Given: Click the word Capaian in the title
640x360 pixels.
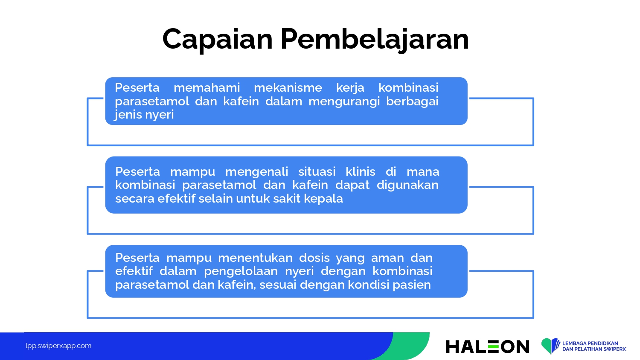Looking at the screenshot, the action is (x=218, y=40).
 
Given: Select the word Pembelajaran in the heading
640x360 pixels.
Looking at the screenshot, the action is (x=375, y=40).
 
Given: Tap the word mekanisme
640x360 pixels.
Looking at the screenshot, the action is (x=288, y=87).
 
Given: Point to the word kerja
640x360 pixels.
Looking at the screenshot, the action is (x=350, y=88).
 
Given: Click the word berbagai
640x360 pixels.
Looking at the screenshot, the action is (x=412, y=102).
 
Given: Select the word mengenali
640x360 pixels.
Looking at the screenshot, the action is (x=256, y=172).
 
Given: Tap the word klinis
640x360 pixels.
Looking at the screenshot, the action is (x=361, y=172).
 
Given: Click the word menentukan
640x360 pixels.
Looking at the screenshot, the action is (x=256, y=258).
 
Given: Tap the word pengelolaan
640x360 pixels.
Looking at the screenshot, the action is (x=241, y=271).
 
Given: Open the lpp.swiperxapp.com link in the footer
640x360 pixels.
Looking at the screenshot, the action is (x=58, y=346).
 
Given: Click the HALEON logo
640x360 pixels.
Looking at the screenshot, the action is (x=487, y=347).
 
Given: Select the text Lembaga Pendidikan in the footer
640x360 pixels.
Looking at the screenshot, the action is (x=590, y=343).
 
